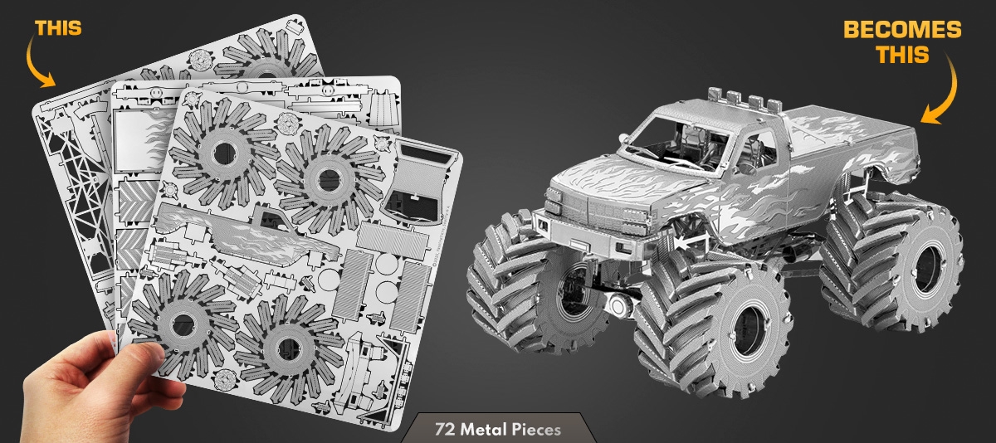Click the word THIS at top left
click(58, 28)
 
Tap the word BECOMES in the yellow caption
click(902, 30)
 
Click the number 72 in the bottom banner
click(446, 429)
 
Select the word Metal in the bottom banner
click(484, 429)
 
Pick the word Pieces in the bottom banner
click(536, 430)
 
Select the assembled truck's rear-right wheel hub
click(930, 266)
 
